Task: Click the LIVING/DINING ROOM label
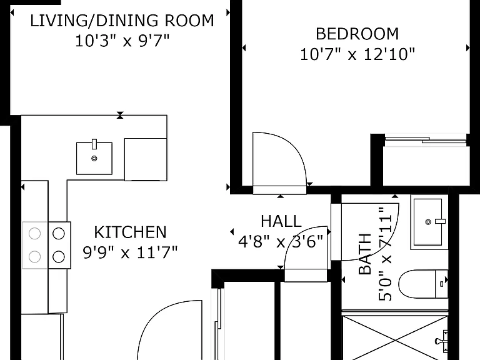pos(122,21)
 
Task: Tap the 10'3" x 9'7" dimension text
pos(122,41)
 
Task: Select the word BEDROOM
pos(357,34)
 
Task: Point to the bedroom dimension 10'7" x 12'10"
pos(357,54)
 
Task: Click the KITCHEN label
pos(130,232)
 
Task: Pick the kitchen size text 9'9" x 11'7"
pos(130,252)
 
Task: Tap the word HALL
pos(281,221)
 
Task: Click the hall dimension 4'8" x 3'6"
pos(281,242)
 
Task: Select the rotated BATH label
pos(364,254)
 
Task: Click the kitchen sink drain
pos(94,159)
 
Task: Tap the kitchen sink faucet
pos(94,144)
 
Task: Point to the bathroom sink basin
pos(428,222)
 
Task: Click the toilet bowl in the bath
pos(417,284)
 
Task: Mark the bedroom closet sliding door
pos(426,140)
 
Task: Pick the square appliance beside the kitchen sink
pos(146,159)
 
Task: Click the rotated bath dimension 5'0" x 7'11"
pos(386,254)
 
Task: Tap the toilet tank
pos(441,284)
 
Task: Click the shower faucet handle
pos(442,341)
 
